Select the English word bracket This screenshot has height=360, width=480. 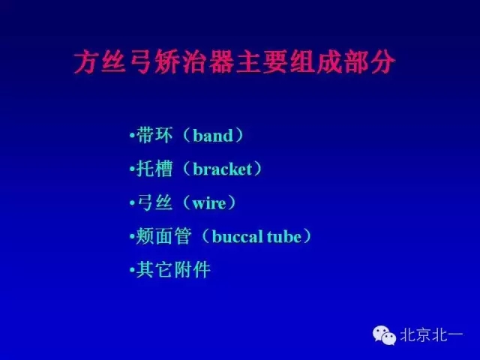click(x=222, y=169)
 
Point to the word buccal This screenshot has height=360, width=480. click(x=237, y=237)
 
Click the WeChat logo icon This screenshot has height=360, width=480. click(x=385, y=335)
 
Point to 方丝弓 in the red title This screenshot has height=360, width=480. click(x=109, y=61)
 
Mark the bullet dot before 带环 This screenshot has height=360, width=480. click(x=133, y=137)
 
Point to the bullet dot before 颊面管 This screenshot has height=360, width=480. click(x=133, y=238)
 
